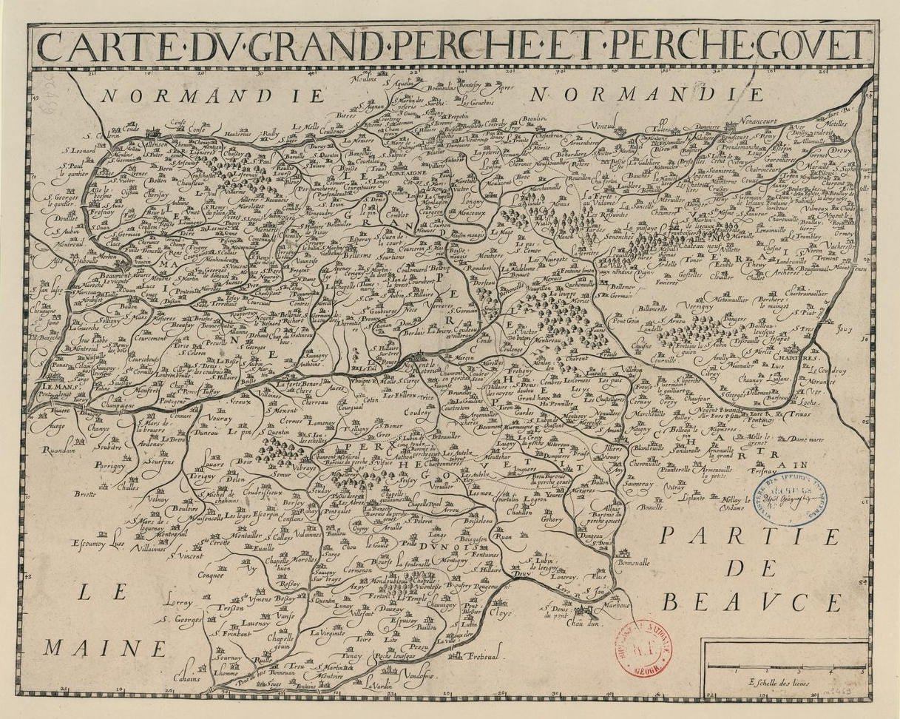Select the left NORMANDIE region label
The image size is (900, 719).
click(x=213, y=96)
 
